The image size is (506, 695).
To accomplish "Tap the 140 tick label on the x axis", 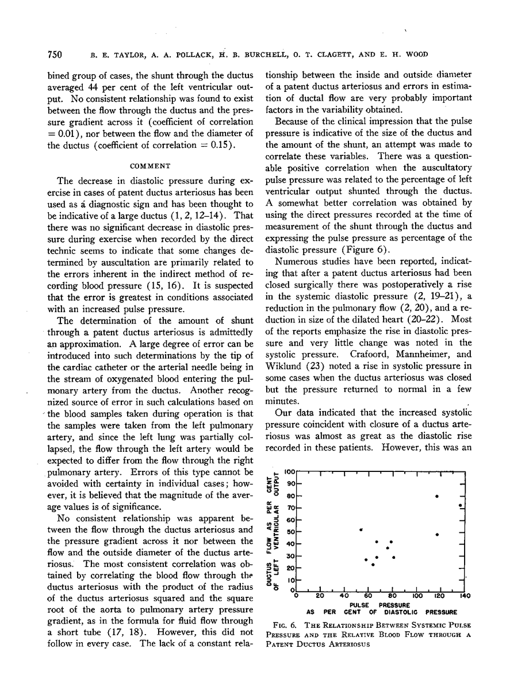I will coord(465,596).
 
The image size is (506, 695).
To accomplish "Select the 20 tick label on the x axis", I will coord(320,596).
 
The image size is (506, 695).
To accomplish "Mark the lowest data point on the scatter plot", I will coord(373,565).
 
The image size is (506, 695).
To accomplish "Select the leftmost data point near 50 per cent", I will coord(361,529).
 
